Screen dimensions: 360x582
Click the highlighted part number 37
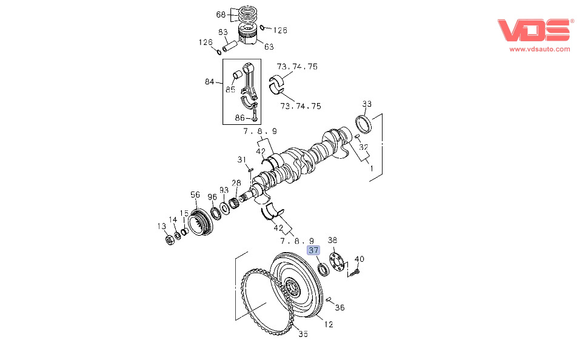point(313,250)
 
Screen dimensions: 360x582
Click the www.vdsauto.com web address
point(540,49)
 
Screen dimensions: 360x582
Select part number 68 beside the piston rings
point(221,15)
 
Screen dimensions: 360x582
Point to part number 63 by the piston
point(269,47)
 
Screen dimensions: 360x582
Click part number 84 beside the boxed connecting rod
point(210,82)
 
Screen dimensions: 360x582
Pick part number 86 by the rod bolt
point(240,118)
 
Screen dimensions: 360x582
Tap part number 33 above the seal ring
point(367,104)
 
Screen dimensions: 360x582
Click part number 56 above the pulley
point(195,195)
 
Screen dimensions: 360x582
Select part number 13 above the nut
point(161,226)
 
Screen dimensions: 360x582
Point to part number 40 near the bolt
point(360,259)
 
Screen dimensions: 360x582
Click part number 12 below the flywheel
point(328,324)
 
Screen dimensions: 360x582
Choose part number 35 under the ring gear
point(303,334)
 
